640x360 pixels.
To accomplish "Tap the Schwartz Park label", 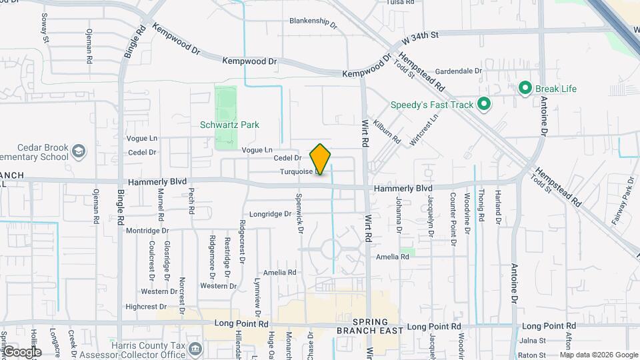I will click(x=229, y=125).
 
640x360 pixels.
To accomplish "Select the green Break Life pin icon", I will click(x=525, y=89).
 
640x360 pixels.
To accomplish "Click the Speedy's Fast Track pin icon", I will click(x=484, y=105).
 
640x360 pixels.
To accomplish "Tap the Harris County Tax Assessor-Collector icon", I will click(x=195, y=349).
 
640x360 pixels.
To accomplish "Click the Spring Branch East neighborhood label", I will click(x=369, y=326).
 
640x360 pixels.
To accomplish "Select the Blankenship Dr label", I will click(x=313, y=21).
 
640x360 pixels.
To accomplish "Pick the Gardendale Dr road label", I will click(x=458, y=71).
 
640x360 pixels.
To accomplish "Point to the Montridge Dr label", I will click(x=147, y=231).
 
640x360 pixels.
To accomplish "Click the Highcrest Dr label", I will click(x=145, y=307).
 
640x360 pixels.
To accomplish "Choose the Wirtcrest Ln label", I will click(x=424, y=127).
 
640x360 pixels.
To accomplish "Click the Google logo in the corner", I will click(x=22, y=352).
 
